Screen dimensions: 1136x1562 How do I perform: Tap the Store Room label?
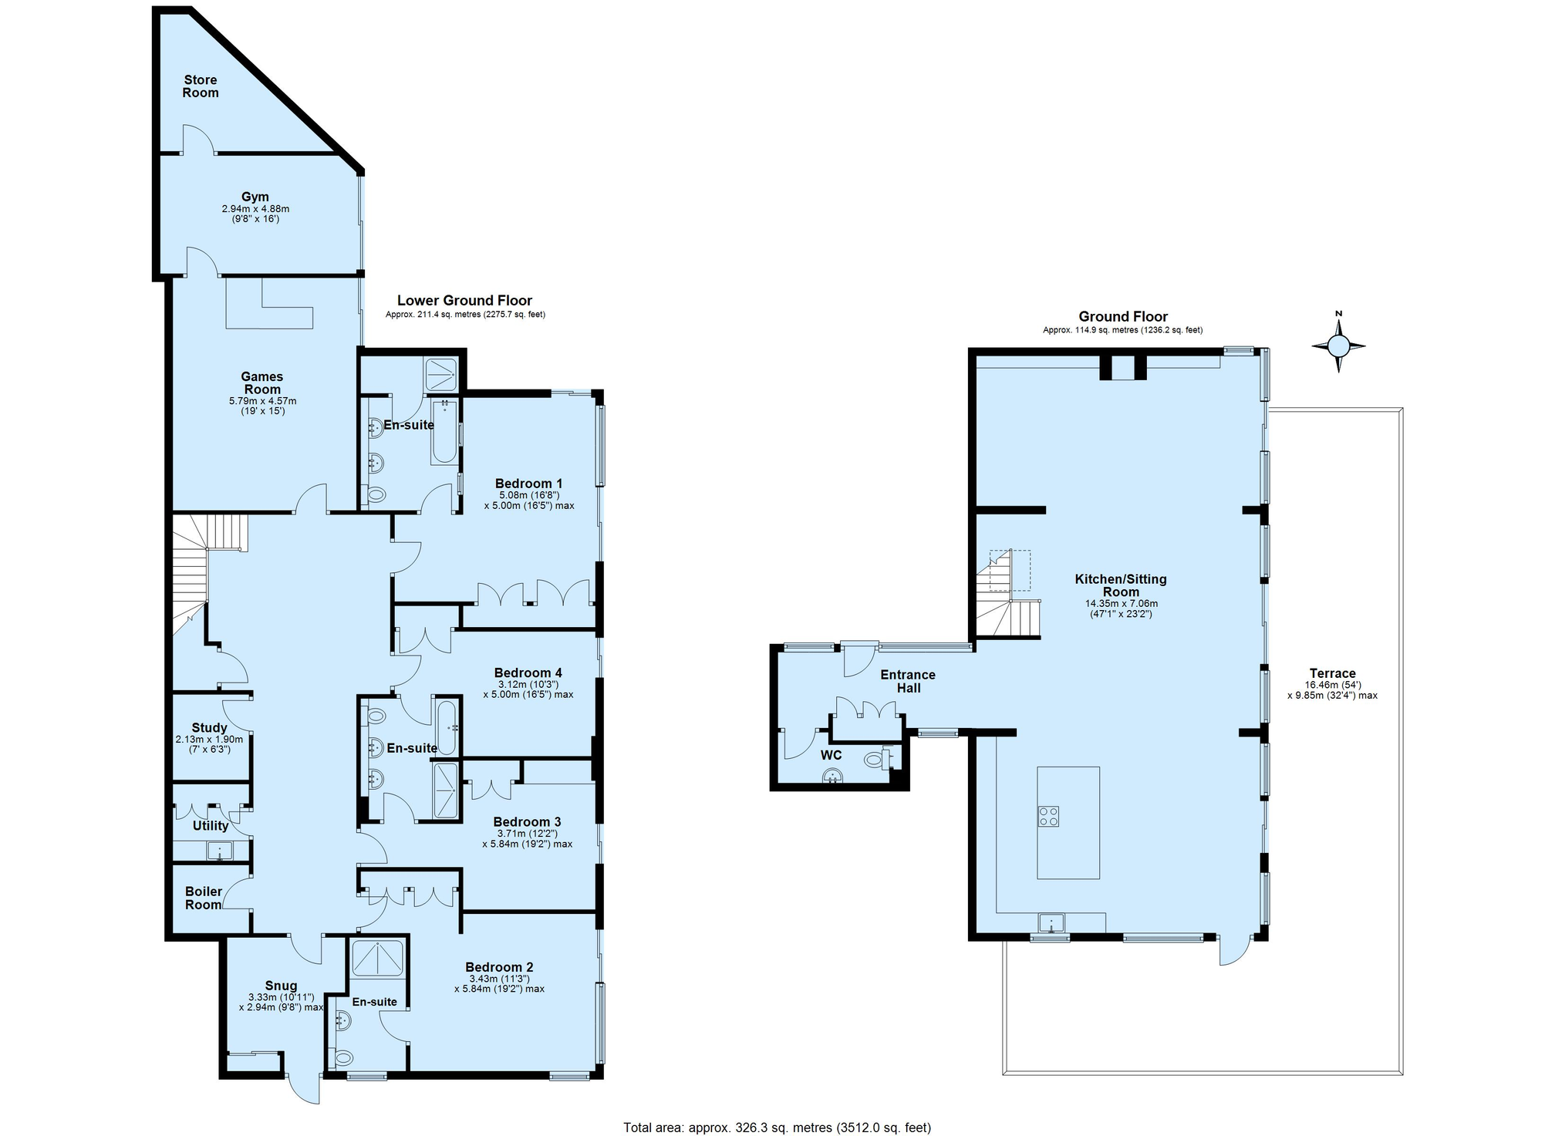[x=200, y=86]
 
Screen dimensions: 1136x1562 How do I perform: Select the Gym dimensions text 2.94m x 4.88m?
[x=255, y=209]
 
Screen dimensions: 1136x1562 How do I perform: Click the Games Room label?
[x=262, y=383]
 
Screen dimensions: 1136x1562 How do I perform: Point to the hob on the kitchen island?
[x=1048, y=816]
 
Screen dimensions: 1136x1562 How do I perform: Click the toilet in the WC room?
[x=874, y=760]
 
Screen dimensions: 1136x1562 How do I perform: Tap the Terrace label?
[x=1332, y=673]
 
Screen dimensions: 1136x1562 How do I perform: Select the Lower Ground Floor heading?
[x=464, y=301]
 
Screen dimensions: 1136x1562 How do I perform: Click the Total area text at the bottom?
[x=777, y=1128]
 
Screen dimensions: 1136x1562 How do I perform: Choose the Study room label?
[x=209, y=728]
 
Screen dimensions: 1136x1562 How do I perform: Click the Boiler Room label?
[x=204, y=898]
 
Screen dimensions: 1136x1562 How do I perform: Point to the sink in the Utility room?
[x=220, y=851]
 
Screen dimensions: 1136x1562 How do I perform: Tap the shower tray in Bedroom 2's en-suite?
[x=378, y=958]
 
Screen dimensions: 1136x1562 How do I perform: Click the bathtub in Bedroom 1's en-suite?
[x=444, y=432]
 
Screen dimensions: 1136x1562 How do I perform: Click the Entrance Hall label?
[x=908, y=681]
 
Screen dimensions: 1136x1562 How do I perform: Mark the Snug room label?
[x=281, y=986]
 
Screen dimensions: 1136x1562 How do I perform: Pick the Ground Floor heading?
[x=1122, y=317]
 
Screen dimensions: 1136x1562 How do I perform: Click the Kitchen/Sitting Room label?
[x=1120, y=585]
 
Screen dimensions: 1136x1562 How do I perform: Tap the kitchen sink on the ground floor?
[x=1051, y=922]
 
